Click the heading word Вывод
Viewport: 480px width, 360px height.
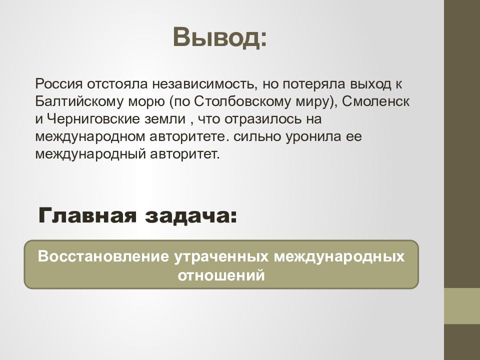coord(220,37)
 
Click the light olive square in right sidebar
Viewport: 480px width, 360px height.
coord(462,306)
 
